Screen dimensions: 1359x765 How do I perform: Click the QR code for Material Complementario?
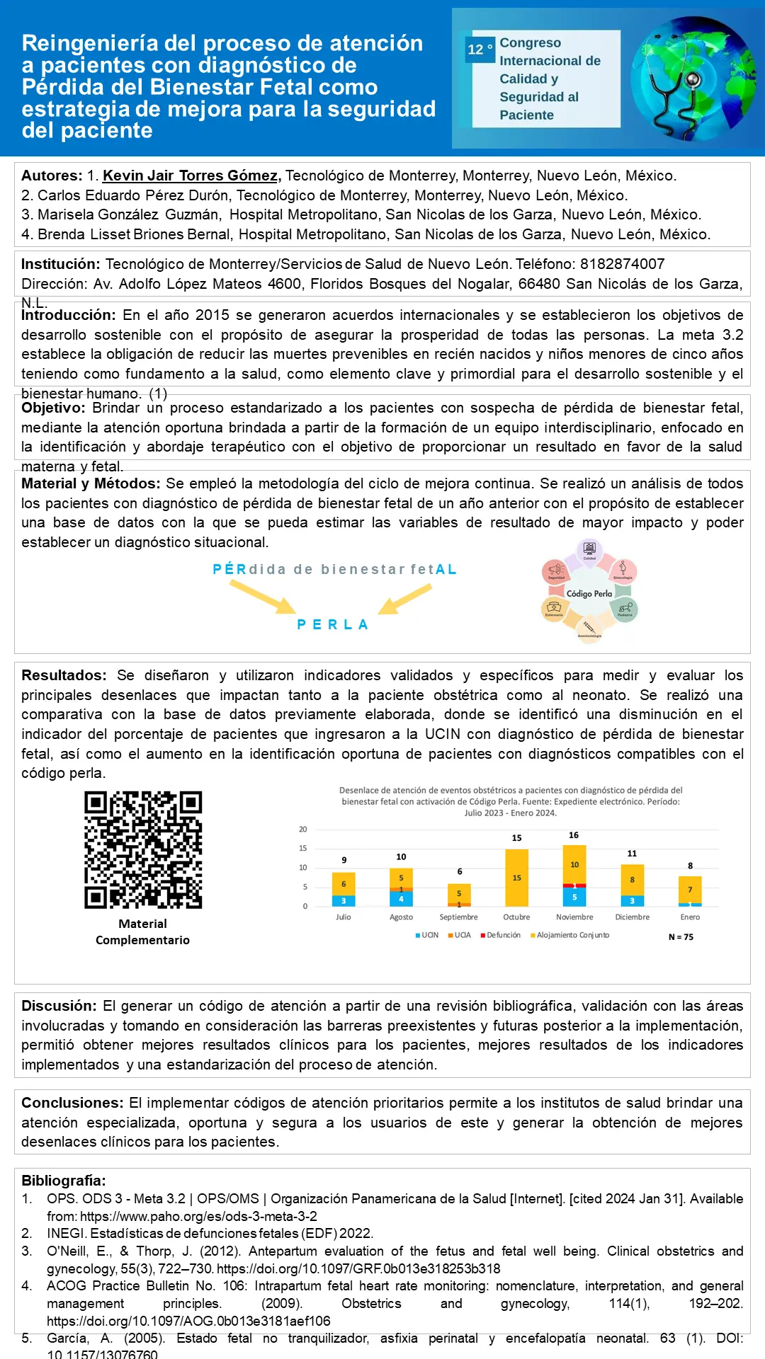143,849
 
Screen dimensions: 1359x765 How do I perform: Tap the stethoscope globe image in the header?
692,78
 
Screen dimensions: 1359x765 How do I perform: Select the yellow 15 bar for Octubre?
516,878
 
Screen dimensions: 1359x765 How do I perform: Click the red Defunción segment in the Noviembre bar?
574,885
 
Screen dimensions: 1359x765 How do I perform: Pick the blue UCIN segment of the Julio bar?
344,901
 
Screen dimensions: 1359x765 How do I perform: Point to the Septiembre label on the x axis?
458,917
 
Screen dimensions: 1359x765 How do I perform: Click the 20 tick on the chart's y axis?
303,830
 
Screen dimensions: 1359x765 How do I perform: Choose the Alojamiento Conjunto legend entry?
570,935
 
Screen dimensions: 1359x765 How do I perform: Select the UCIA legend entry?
460,935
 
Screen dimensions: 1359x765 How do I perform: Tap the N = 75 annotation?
681,937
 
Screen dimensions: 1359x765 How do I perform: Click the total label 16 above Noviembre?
574,835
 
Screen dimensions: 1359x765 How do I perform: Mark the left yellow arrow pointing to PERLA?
262,597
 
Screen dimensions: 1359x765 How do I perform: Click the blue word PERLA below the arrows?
332,625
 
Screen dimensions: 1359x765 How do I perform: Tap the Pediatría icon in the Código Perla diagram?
624,609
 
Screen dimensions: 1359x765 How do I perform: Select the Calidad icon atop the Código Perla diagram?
589,549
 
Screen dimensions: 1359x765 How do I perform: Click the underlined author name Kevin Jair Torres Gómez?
190,176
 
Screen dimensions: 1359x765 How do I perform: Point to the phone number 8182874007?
622,264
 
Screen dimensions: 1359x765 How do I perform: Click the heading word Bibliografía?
63,1181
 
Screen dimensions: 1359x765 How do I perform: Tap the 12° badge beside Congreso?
480,50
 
